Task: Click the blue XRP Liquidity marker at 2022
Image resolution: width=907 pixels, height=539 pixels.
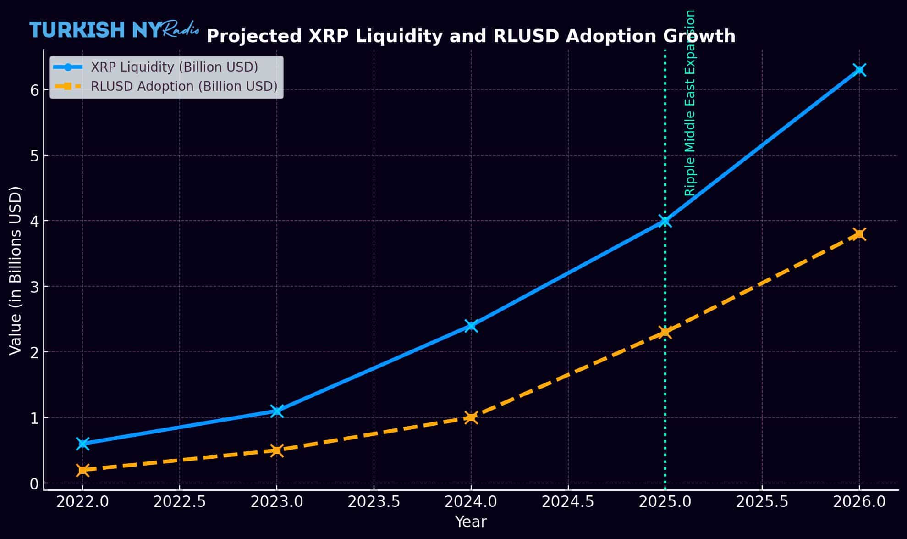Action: click(x=82, y=444)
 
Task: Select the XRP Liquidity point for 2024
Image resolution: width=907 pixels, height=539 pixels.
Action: click(x=471, y=326)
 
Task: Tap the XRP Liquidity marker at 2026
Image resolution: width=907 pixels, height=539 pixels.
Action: click(x=859, y=70)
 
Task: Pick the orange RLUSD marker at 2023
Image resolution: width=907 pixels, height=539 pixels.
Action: click(x=276, y=450)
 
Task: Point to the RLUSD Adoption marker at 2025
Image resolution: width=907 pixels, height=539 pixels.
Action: click(x=665, y=332)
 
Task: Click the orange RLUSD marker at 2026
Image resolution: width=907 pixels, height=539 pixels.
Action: click(x=859, y=234)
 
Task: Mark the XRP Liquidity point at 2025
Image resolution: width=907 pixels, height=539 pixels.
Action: click(x=665, y=221)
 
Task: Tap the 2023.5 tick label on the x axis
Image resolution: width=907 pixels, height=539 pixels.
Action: click(x=374, y=502)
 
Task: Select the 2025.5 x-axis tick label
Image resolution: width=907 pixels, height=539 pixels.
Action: click(x=762, y=502)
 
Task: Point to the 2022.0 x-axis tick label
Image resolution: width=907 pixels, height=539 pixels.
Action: click(x=82, y=502)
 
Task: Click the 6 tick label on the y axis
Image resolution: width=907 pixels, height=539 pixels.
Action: click(x=34, y=90)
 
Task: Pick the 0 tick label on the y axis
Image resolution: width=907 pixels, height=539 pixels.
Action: click(x=34, y=483)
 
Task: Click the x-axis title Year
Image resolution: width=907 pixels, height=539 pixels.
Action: click(x=471, y=522)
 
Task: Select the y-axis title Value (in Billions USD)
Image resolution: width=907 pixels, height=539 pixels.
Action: click(x=16, y=270)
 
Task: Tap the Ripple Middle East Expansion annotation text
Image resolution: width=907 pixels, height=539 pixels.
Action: click(x=690, y=103)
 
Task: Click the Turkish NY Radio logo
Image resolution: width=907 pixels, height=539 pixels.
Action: click(x=114, y=30)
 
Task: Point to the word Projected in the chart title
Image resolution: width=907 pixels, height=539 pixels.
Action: click(x=254, y=36)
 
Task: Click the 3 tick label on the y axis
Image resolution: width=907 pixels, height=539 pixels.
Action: click(x=34, y=287)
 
